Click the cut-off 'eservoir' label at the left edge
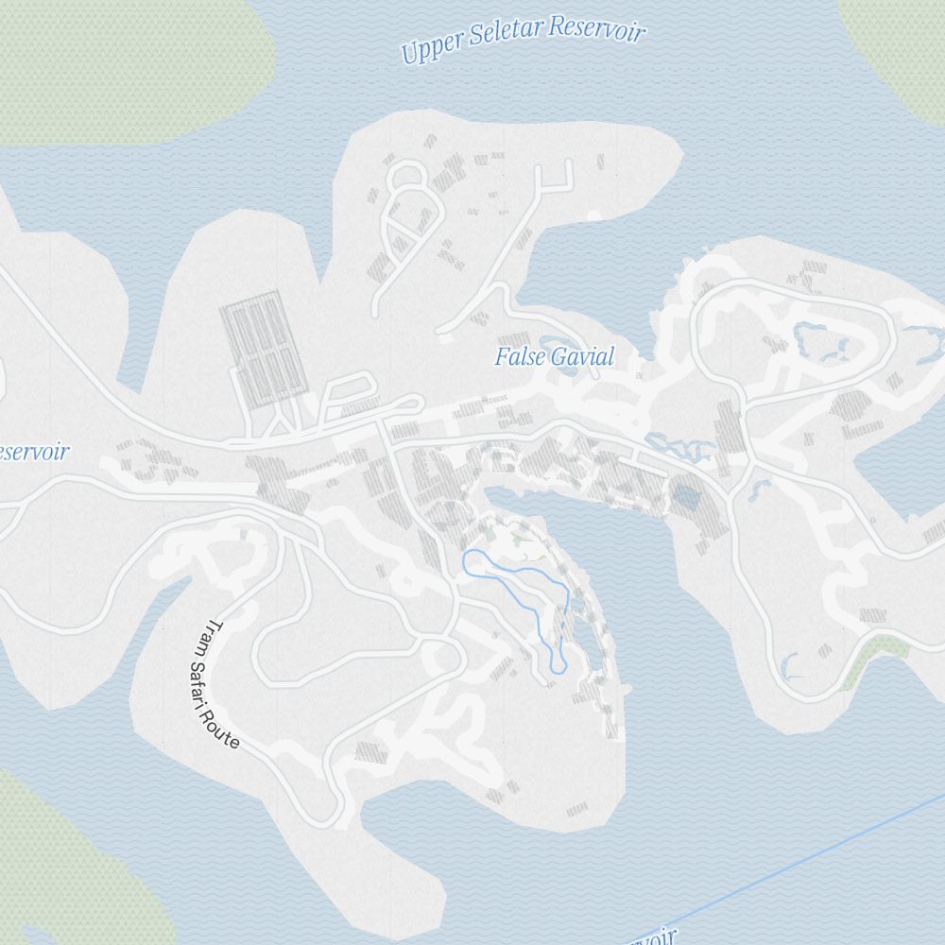[x=34, y=452]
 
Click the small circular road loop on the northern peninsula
[x=406, y=175]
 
